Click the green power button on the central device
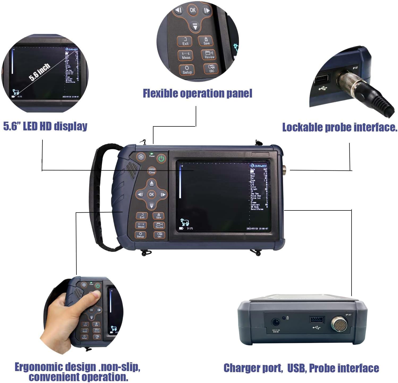tap(161, 159)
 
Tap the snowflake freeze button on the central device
tap(141, 157)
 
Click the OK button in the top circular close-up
tap(192, 10)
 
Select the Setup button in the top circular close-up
tap(187, 70)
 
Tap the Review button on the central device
tap(159, 225)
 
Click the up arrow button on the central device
tap(151, 183)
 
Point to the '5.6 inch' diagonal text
tap(39, 72)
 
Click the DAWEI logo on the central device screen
tap(258, 166)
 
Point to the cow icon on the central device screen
tap(185, 222)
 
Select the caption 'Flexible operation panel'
tap(197, 94)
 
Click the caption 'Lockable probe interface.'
tap(339, 127)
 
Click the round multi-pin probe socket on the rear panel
tap(339, 324)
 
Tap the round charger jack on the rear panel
tap(276, 323)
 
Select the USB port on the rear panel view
tap(317, 319)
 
